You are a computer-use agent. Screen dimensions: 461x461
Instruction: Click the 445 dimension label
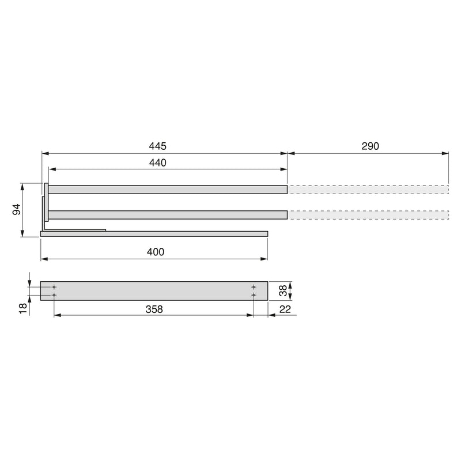[x=157, y=146]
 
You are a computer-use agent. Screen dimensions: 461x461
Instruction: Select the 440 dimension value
[x=157, y=163]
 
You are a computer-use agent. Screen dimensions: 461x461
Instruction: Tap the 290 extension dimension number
[x=370, y=146]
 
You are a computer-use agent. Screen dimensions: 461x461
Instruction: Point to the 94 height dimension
[x=17, y=209]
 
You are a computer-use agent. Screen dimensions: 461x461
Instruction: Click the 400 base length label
[x=156, y=252]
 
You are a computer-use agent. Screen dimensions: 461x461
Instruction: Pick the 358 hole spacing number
[x=154, y=309]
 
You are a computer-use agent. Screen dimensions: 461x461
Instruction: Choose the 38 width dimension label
[x=283, y=291]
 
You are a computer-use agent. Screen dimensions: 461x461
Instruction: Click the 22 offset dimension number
[x=285, y=309]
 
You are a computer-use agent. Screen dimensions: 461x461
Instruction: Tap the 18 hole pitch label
[x=23, y=308]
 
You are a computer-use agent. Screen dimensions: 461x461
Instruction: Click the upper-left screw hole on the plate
[x=54, y=287]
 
